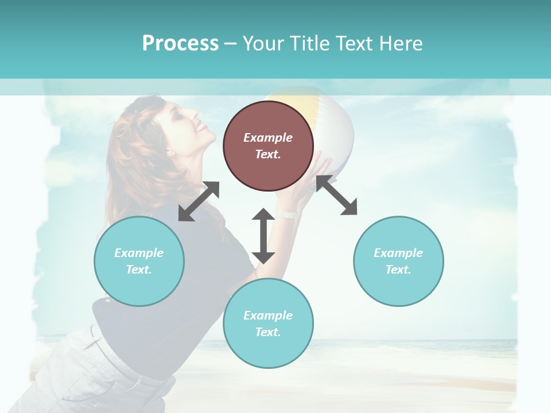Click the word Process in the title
pyautogui.click(x=180, y=44)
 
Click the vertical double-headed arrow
pyautogui.click(x=263, y=236)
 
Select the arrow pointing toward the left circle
pyautogui.click(x=199, y=201)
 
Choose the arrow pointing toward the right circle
pyautogui.click(x=337, y=195)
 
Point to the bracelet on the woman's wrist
pyautogui.click(x=286, y=214)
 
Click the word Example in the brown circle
pyautogui.click(x=268, y=138)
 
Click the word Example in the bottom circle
pyautogui.click(x=268, y=315)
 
